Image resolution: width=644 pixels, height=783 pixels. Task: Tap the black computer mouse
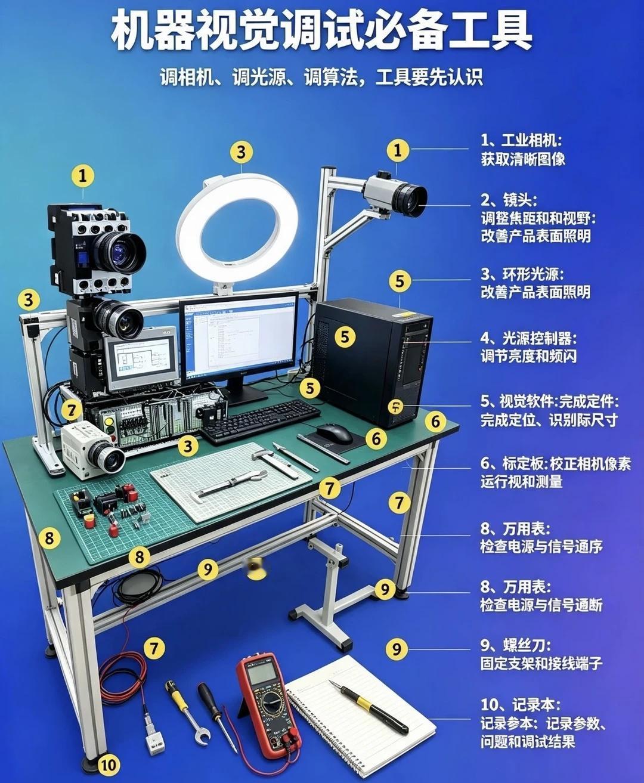coord(334,434)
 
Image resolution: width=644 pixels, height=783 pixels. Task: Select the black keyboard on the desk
coord(259,420)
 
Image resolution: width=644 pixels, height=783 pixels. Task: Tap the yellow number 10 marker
coord(109,765)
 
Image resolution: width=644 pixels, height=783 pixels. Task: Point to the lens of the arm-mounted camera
coord(411,200)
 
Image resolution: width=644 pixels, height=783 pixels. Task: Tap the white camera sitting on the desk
coord(92,450)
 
